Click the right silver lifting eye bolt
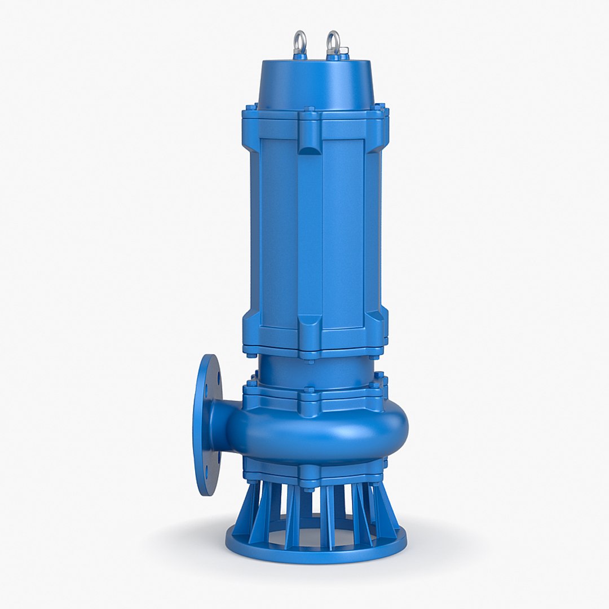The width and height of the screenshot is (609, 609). pyautogui.click(x=333, y=43)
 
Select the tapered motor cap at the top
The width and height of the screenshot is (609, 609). pyautogui.click(x=316, y=85)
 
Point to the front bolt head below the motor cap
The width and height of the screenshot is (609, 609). pyautogui.click(x=310, y=110)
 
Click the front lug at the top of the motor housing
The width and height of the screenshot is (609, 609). pyautogui.click(x=310, y=135)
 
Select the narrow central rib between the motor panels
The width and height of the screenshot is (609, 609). pyautogui.click(x=310, y=231)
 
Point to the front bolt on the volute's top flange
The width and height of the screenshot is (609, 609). pyautogui.click(x=310, y=390)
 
